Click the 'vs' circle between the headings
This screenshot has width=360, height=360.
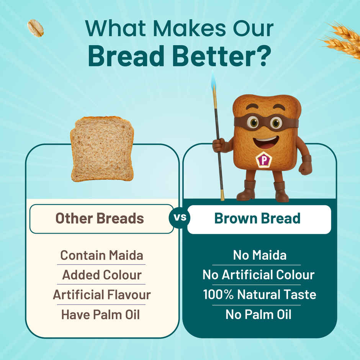[x=180, y=219]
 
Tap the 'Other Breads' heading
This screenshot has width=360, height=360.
[x=100, y=219]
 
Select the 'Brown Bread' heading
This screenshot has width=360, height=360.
[x=257, y=219]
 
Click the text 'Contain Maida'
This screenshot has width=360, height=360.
[x=101, y=255]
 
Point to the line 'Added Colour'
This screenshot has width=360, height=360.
[x=101, y=275]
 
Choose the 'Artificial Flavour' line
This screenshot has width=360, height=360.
[x=101, y=295]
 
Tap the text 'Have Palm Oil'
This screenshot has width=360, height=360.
[x=100, y=315]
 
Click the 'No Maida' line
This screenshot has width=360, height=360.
[x=260, y=255]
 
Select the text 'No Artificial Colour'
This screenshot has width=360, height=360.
[x=258, y=275]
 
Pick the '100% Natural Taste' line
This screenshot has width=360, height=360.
[x=259, y=295]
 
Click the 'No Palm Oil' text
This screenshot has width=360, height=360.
[x=258, y=315]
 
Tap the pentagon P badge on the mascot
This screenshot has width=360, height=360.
[x=264, y=159]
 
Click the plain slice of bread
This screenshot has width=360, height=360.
[x=102, y=149]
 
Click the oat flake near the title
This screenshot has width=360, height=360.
[x=35, y=28]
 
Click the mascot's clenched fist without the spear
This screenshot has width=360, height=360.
[x=305, y=167]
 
